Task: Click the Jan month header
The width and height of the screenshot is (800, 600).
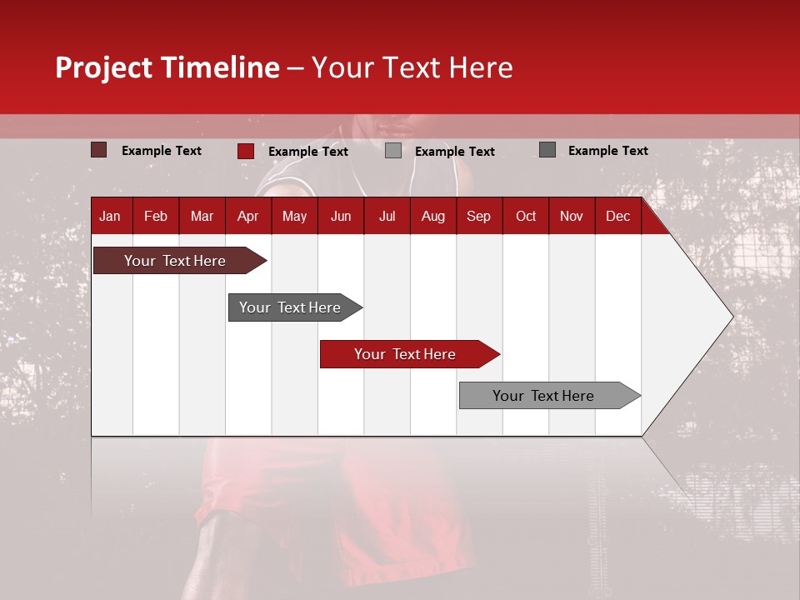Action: tap(110, 216)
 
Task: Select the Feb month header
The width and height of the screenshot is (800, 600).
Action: tap(156, 216)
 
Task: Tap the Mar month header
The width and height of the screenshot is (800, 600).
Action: tap(202, 216)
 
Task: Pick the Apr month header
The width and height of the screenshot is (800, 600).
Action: tap(247, 216)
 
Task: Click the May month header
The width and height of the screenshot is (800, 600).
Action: tap(294, 216)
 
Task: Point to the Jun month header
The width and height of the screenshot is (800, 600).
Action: tap(341, 216)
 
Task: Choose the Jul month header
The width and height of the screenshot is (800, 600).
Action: tap(387, 216)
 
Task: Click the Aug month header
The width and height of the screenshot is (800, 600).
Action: tap(432, 216)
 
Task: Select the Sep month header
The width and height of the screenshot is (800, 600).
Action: tap(478, 216)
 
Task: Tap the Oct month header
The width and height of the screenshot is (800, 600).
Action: tap(526, 216)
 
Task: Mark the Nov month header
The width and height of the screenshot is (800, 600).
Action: tap(572, 216)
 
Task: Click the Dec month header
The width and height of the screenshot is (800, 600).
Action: tap(617, 216)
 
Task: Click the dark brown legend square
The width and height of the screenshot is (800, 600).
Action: tap(98, 150)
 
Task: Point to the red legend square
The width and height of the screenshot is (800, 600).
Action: tap(245, 151)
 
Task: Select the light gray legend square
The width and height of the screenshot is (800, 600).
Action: tap(393, 151)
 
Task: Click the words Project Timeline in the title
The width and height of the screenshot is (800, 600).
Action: tap(167, 67)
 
